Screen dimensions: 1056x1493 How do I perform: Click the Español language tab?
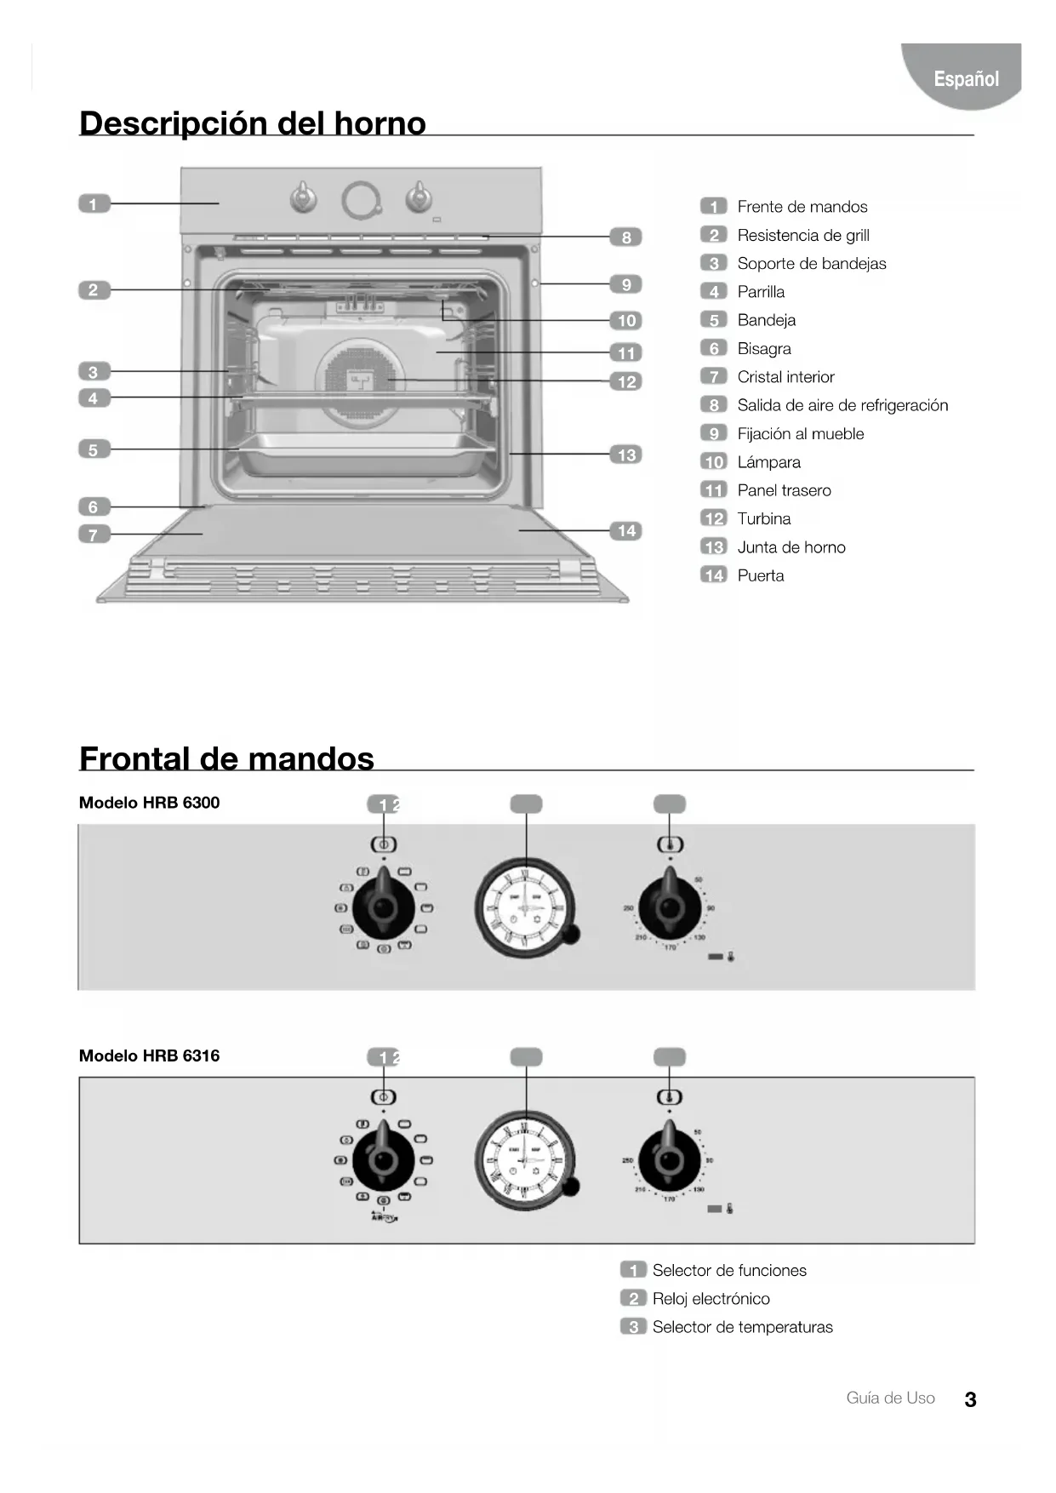(x=966, y=78)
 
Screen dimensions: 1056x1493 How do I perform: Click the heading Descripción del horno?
(x=252, y=123)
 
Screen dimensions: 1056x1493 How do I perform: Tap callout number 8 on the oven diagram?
(x=625, y=237)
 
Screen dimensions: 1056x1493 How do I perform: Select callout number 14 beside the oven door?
(x=626, y=531)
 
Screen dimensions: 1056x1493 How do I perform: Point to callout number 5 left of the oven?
(x=94, y=449)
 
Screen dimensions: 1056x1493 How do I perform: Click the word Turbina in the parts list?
(x=763, y=518)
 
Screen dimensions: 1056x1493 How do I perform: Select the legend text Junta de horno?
(x=791, y=547)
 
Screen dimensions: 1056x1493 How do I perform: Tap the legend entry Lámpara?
(x=768, y=462)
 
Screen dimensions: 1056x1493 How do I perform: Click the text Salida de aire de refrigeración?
(x=842, y=405)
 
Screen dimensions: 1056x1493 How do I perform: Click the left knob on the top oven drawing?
(x=304, y=197)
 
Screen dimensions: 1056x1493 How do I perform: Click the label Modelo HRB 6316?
(x=149, y=1055)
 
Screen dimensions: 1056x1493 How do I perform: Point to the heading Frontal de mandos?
(x=226, y=758)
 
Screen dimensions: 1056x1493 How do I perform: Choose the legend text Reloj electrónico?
(x=711, y=1298)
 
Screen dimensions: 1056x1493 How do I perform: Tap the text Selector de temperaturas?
(x=742, y=1327)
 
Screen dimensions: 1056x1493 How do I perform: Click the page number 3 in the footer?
(x=970, y=1399)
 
